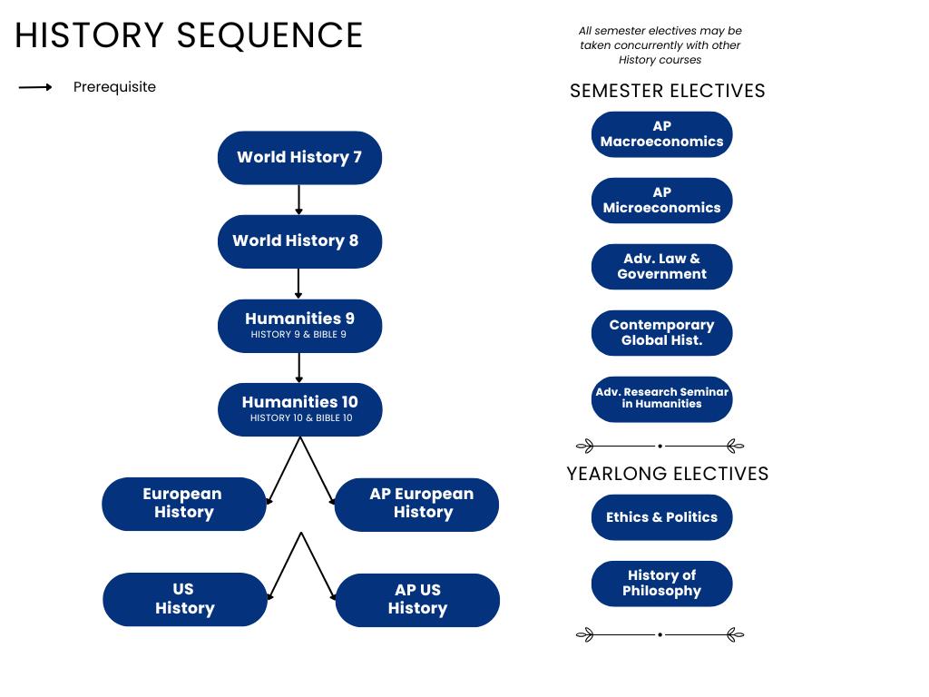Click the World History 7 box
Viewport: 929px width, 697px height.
point(299,158)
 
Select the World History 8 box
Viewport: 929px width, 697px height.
point(299,241)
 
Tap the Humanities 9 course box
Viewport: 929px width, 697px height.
point(299,326)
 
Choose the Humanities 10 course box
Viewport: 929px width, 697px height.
point(299,409)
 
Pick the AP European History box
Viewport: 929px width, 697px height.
point(416,505)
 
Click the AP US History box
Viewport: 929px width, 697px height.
point(417,600)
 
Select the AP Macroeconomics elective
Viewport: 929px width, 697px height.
point(661,134)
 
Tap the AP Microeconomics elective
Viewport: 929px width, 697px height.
point(661,201)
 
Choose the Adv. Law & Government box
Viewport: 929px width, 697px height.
point(661,267)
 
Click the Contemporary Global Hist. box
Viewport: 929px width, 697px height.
point(661,333)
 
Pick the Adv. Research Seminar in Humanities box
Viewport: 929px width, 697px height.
point(661,399)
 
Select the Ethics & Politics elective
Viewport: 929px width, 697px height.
point(661,517)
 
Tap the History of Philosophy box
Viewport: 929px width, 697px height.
point(661,584)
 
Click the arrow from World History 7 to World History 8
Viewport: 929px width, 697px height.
point(298,199)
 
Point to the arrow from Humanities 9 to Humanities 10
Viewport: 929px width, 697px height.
point(298,368)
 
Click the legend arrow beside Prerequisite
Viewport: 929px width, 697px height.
point(35,87)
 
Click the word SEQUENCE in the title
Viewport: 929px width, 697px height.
point(270,35)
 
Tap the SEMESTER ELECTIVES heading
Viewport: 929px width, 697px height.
point(668,91)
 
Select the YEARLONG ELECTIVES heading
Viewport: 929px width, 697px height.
point(668,474)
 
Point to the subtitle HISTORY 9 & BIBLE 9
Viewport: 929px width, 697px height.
point(298,334)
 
